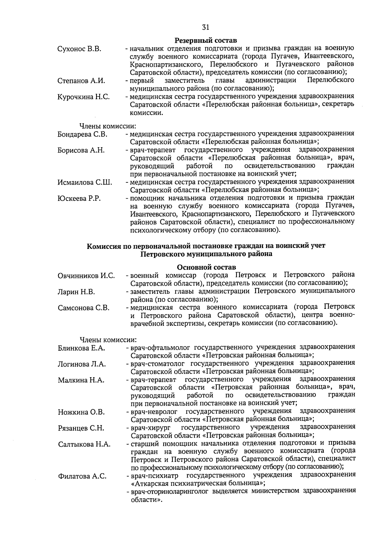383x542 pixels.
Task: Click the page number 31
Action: [206, 27]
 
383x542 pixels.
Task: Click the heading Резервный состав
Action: [206, 41]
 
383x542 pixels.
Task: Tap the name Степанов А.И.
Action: [81, 81]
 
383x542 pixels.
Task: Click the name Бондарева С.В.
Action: [82, 134]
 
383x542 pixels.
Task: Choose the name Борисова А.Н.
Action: [81, 150]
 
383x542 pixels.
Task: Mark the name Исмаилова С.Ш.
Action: [85, 182]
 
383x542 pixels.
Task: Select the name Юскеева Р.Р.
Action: [79, 198]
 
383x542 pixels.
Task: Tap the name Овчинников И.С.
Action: [86, 276]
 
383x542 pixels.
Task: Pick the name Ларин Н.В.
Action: [77, 292]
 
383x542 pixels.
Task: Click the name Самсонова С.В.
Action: [84, 308]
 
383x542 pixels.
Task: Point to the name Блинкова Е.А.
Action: [81, 348]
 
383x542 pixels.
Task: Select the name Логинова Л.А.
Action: [82, 364]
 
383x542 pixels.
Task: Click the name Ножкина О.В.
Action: [81, 412]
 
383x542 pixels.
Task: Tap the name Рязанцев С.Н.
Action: [81, 428]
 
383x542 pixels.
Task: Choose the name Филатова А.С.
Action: [82, 476]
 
